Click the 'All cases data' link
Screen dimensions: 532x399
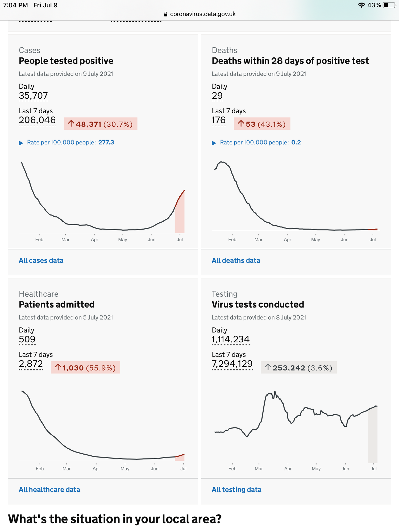pyautogui.click(x=41, y=260)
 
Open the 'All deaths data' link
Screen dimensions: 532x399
pyautogui.click(x=236, y=260)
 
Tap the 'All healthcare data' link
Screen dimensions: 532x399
pyautogui.click(x=49, y=489)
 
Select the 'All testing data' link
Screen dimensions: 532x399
pyautogui.click(x=236, y=489)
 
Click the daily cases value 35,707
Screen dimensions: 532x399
pyautogui.click(x=33, y=95)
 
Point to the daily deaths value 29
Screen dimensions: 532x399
pyautogui.click(x=217, y=95)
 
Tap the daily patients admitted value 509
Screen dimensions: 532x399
pyautogui.click(x=27, y=339)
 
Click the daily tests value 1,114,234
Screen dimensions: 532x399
pyautogui.click(x=230, y=339)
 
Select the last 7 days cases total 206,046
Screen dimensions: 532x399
pyautogui.click(x=37, y=120)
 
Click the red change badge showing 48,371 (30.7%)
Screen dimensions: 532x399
pyautogui.click(x=101, y=124)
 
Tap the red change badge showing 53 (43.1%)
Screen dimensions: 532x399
pyautogui.click(x=262, y=124)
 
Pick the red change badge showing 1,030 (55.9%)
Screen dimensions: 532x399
pyautogui.click(x=85, y=368)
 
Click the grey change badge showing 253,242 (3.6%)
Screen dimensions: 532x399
pyautogui.click(x=298, y=368)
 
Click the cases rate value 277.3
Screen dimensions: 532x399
pyautogui.click(x=106, y=142)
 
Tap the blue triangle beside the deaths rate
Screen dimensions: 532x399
pyautogui.click(x=214, y=143)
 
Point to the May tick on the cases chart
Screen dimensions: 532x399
pyautogui.click(x=123, y=239)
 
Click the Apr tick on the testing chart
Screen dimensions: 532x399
pyautogui.click(x=288, y=468)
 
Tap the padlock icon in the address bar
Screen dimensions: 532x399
pyautogui.click(x=166, y=14)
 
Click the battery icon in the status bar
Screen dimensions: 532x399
pyautogui.click(x=389, y=5)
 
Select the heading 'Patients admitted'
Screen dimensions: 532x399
pyautogui.click(x=57, y=304)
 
